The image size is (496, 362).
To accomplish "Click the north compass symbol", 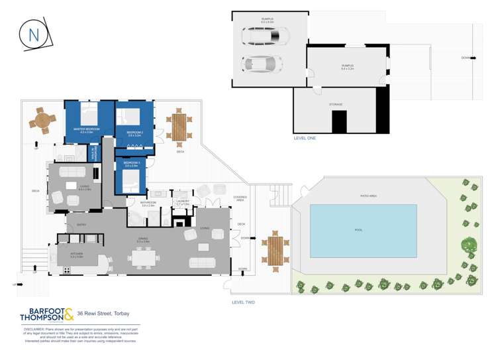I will (36, 34).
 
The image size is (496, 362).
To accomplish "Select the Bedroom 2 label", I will (135, 134).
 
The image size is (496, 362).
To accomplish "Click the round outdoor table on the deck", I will (43, 120).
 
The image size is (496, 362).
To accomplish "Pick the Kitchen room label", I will (75, 255).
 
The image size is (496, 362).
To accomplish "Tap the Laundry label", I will (182, 203).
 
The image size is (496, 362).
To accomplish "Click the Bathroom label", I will (148, 204).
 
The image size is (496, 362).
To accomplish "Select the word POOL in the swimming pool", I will (359, 230).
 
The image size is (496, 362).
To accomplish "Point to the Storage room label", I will (336, 104).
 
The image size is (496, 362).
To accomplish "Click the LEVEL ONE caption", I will (305, 138).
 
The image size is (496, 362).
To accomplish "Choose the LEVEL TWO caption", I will (244, 302).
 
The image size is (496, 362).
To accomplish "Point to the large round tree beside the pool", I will (470, 246).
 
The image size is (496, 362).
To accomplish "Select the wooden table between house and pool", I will (275, 251).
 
